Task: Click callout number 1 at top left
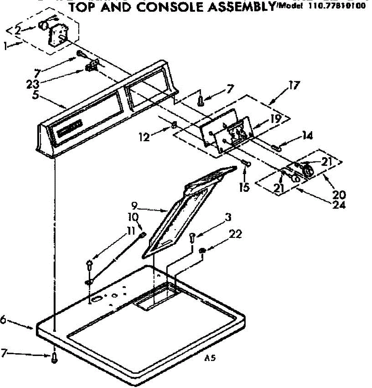[5, 46]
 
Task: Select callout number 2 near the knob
[18, 30]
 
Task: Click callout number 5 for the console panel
[35, 96]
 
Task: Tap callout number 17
[294, 85]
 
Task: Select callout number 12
[144, 137]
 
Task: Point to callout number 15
[245, 187]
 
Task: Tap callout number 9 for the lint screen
[135, 205]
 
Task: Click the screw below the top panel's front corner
[55, 358]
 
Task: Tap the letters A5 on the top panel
[210, 358]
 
